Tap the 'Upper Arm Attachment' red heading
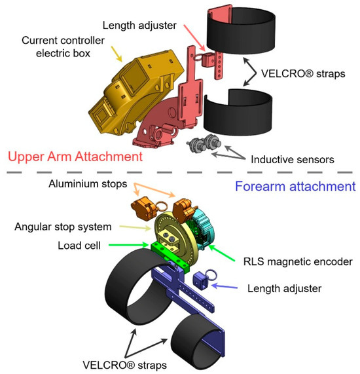75,157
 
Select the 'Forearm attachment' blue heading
295,186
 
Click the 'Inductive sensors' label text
293,160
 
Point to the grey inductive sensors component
204,143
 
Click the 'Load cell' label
79,246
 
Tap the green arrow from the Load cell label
128,245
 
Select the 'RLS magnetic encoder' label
298,261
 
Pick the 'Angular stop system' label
63,227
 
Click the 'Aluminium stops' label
88,184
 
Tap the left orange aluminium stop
144,210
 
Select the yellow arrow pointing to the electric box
117,54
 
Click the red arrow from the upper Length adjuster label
194,37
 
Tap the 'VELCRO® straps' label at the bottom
124,365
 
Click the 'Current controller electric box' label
63,47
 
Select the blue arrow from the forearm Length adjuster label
225,286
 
